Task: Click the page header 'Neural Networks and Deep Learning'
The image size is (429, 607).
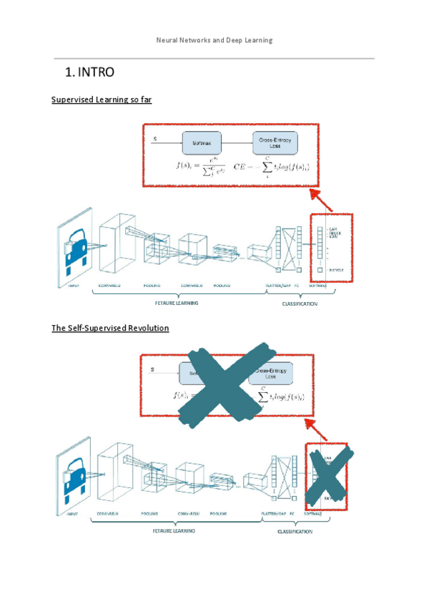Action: pos(214,40)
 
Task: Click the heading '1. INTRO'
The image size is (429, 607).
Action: pos(89,72)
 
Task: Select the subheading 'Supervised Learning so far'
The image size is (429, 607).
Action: pos(102,100)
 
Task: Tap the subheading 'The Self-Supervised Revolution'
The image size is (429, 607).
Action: pos(110,328)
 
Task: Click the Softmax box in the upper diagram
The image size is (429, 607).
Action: pos(202,143)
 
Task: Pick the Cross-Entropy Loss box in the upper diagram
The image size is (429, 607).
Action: pos(275,143)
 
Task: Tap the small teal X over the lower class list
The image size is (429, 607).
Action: pos(329,476)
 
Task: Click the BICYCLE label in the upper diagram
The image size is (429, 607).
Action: pos(337,270)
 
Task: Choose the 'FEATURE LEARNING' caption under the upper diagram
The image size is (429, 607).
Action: pos(177,303)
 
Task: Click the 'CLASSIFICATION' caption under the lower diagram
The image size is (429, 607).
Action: pos(295,531)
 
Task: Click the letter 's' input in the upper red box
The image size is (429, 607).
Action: pos(156,137)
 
